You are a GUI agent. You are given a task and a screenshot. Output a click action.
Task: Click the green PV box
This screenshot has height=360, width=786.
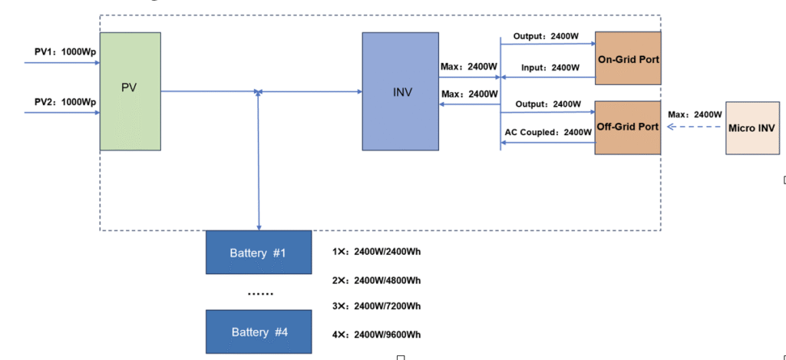pyautogui.click(x=130, y=91)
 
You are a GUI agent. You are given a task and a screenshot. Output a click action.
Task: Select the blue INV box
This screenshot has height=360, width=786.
pyautogui.click(x=401, y=91)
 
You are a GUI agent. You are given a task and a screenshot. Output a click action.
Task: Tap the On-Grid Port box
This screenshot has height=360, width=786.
pyautogui.click(x=628, y=58)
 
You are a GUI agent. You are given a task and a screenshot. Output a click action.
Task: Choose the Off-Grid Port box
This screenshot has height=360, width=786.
pyautogui.click(x=628, y=127)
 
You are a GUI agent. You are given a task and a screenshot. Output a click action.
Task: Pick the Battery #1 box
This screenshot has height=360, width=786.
pyautogui.click(x=258, y=253)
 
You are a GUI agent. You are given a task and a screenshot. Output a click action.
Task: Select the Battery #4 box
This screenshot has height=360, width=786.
pyautogui.click(x=258, y=332)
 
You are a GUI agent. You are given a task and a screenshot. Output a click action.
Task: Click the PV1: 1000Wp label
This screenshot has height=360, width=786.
pyautogui.click(x=65, y=52)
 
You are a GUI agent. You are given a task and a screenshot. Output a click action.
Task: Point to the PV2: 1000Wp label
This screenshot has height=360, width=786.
pyautogui.click(x=65, y=102)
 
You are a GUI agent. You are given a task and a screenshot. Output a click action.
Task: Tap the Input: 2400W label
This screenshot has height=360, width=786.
pyautogui.click(x=550, y=68)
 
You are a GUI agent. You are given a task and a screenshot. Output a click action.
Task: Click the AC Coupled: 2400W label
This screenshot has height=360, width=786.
pyautogui.click(x=548, y=132)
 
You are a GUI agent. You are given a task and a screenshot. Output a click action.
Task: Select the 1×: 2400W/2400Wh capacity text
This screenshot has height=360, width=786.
pyautogui.click(x=376, y=252)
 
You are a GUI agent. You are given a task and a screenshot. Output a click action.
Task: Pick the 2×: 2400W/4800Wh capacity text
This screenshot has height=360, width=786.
pyautogui.click(x=376, y=280)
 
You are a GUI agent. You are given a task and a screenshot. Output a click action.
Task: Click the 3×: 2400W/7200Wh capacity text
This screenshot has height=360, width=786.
pyautogui.click(x=376, y=306)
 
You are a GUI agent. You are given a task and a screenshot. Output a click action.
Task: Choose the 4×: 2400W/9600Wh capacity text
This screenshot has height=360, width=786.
pyautogui.click(x=376, y=334)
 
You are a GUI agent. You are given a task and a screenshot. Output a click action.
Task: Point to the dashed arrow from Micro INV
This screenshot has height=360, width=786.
pyautogui.click(x=693, y=127)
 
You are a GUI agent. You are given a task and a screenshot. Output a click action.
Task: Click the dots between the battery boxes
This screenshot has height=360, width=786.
pyautogui.click(x=258, y=293)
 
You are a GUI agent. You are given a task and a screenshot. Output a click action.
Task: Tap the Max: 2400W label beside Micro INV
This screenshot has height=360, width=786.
pyautogui.click(x=695, y=114)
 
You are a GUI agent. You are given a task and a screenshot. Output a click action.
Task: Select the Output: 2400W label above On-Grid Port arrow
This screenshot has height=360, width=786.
pyautogui.click(x=547, y=36)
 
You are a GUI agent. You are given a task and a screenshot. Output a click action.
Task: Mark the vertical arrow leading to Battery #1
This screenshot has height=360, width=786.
pyautogui.click(x=259, y=169)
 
